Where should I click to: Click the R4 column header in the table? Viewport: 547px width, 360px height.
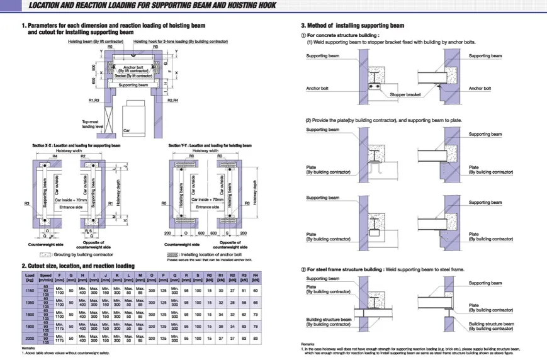coord(256,276)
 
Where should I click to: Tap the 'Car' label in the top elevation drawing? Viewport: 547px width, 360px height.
coord(126,129)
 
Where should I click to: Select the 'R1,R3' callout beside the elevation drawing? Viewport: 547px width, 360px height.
coord(94,100)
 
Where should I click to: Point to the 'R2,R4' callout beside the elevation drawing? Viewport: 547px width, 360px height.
coord(174,100)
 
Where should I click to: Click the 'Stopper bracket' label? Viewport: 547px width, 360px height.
coord(405,94)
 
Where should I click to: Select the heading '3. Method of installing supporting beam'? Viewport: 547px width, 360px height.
coord(352,26)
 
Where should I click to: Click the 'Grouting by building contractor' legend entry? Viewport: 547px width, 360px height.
coord(81,254)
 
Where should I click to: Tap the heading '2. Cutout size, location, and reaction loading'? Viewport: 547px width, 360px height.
coord(78,266)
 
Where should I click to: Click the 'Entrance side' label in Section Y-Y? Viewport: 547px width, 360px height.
coord(207,206)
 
